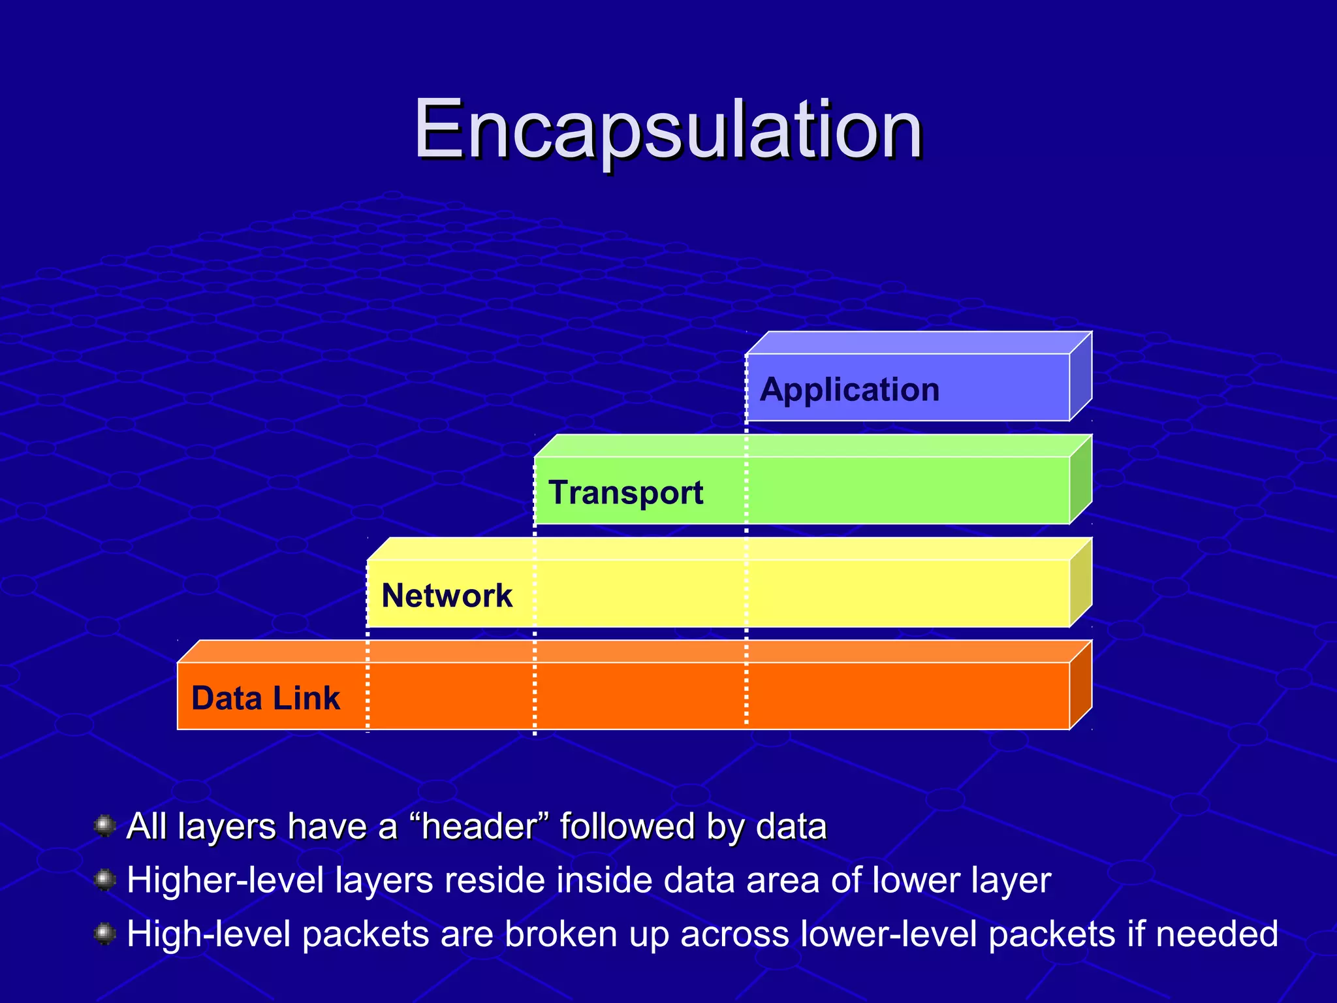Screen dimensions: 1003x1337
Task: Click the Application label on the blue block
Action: coord(849,390)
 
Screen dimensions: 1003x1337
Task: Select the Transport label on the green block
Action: coord(625,493)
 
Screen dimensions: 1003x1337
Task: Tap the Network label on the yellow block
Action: coord(447,596)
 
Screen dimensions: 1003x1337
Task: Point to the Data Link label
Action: coord(265,698)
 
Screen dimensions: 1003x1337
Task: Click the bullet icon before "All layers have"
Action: coord(104,826)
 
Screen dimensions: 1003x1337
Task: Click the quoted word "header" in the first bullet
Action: coord(479,826)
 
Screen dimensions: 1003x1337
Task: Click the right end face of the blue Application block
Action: coord(1080,377)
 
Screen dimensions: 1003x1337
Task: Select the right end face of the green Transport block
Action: coord(1080,480)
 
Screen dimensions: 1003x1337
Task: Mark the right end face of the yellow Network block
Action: coord(1080,582)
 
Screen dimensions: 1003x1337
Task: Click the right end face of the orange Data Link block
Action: coord(1080,685)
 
